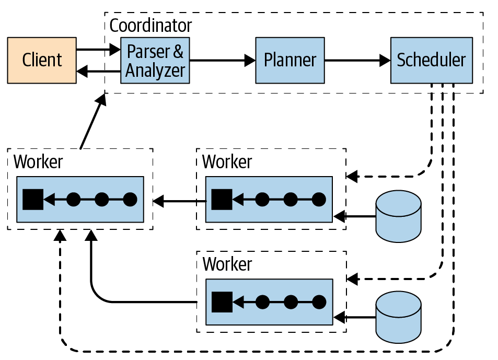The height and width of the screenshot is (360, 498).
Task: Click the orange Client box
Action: coord(42,60)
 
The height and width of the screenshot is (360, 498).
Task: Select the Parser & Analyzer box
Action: coord(155,60)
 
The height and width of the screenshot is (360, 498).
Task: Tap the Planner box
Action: coord(289,60)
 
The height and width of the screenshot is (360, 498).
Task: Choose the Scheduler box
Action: coord(431,60)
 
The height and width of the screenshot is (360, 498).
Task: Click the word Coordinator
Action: coord(150,25)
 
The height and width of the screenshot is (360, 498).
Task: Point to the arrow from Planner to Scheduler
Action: coord(357,61)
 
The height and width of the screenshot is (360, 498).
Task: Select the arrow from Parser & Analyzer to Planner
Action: coord(222,61)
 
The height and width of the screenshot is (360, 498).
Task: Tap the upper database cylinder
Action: coord(399,215)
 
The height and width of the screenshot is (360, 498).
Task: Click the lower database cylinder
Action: coord(399,316)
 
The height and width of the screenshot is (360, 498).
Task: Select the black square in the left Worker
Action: coord(32,199)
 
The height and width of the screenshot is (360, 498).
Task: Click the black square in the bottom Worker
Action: coord(222,301)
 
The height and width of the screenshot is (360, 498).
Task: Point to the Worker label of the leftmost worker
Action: coord(38,161)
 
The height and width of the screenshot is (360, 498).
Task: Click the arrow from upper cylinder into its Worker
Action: coord(355,215)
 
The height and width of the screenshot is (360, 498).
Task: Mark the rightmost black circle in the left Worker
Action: coord(130,199)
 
